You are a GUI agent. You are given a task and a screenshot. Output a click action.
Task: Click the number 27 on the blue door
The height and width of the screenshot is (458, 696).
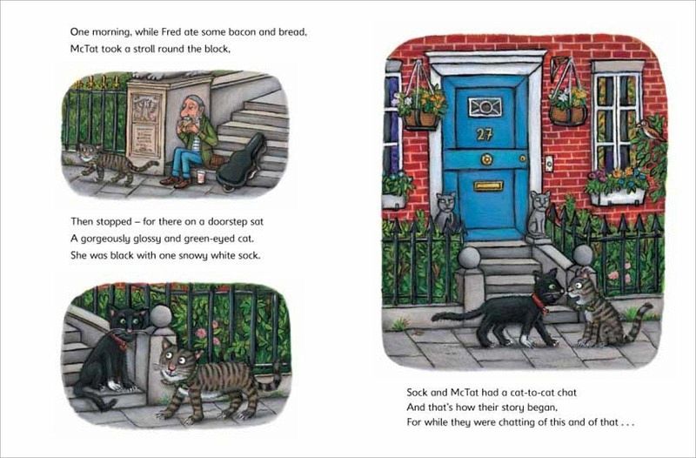click(485, 134)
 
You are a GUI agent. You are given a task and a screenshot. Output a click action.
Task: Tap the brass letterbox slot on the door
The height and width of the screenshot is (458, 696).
click(488, 185)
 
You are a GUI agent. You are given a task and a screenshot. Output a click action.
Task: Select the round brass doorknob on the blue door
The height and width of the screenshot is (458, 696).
click(487, 158)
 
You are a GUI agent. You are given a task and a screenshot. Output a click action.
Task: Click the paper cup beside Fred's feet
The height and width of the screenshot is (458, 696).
click(201, 177)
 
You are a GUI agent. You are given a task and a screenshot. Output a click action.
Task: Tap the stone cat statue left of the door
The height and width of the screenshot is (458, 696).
click(445, 212)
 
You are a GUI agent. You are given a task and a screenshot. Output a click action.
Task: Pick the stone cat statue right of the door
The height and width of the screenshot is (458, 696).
click(539, 214)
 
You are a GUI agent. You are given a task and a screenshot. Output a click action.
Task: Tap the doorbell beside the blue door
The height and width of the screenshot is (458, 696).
click(549, 164)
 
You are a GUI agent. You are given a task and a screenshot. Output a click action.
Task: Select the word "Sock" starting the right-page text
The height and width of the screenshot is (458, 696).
click(417, 392)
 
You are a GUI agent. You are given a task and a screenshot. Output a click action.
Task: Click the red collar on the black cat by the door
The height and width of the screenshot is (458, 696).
click(540, 302)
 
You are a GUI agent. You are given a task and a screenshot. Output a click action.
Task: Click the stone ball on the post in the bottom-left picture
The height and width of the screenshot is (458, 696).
click(161, 316)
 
